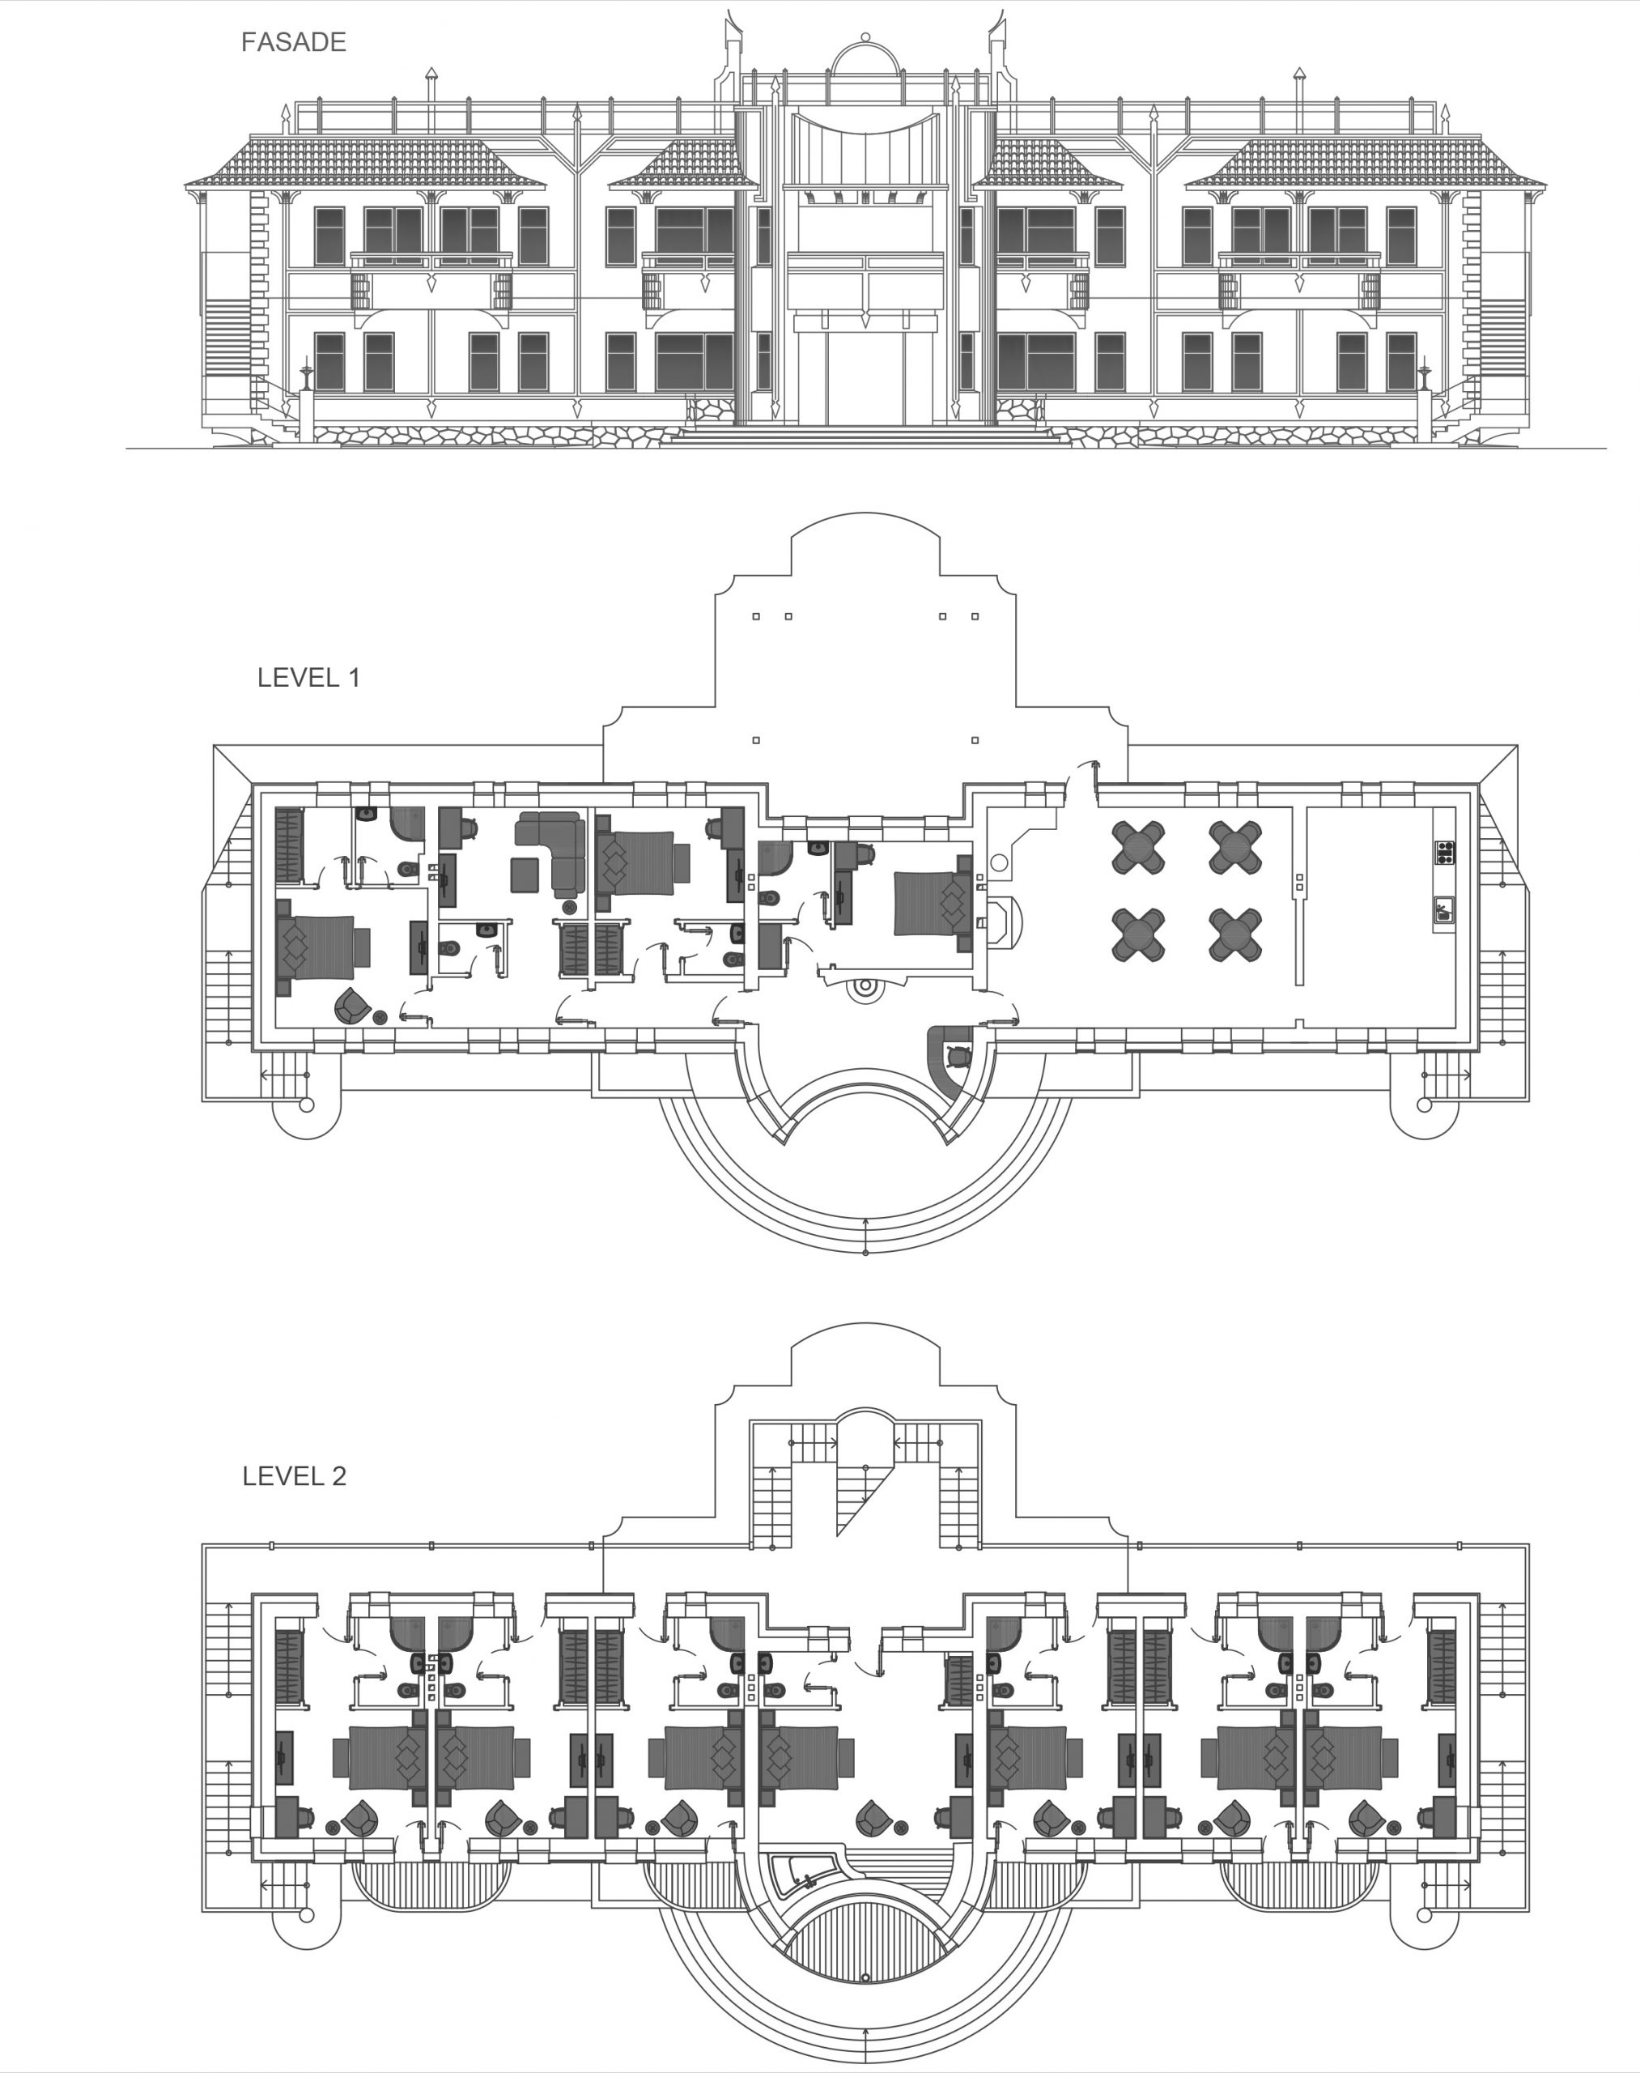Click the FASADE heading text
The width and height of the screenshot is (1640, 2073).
coord(293,42)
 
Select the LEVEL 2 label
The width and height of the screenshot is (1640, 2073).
coord(294,1475)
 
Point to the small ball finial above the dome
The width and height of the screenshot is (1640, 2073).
coord(865,36)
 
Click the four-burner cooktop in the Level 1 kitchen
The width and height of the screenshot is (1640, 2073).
coord(1444,852)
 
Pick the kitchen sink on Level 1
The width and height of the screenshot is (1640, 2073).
coord(1444,909)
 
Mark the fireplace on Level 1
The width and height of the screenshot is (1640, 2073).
coord(1001,922)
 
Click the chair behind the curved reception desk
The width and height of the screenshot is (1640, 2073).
coord(958,1056)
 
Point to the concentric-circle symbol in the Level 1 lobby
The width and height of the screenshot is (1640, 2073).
coord(865,986)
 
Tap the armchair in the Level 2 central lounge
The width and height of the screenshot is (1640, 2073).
coord(873,1815)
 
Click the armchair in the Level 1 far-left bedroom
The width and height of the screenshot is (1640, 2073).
coord(351,1005)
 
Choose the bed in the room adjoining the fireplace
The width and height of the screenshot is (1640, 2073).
coord(933,903)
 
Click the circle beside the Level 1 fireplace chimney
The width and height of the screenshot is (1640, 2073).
coord(1000,862)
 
